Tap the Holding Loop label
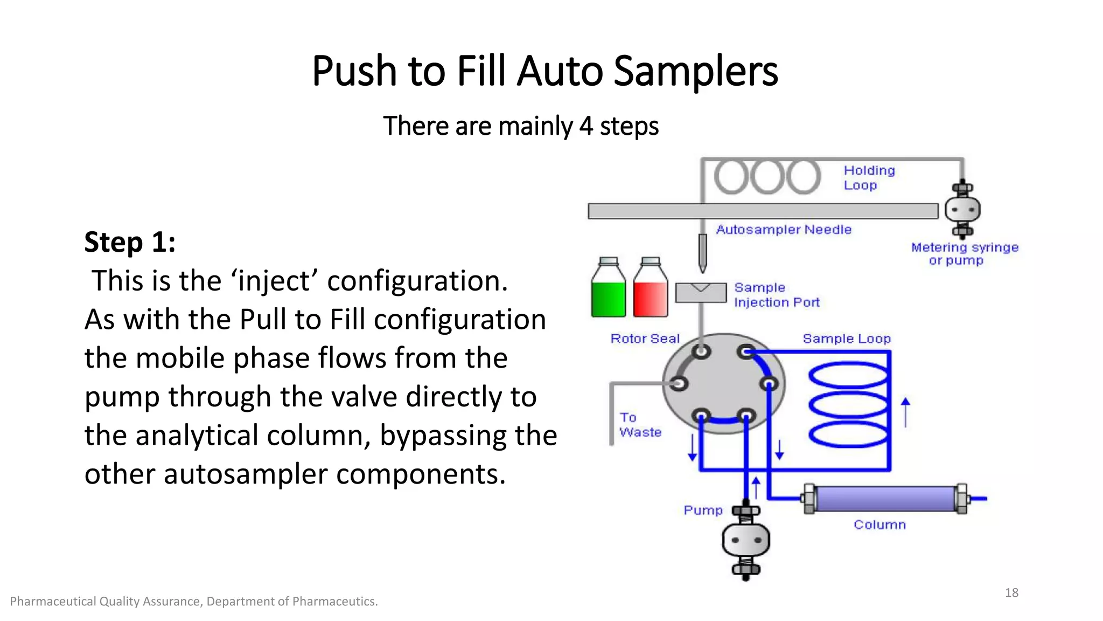pos(869,178)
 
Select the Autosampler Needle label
pos(784,230)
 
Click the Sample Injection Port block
pos(701,293)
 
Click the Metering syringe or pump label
pos(964,254)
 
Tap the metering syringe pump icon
pos(962,209)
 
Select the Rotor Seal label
pos(645,339)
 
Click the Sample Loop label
pos(847,339)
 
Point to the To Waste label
pos(639,425)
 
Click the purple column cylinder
pos(886,499)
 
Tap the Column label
pos(879,525)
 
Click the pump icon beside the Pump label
pos(746,540)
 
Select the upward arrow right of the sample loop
pos(905,412)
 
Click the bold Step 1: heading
pos(130,241)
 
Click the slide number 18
pos(1011,593)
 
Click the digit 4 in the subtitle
pos(586,126)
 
